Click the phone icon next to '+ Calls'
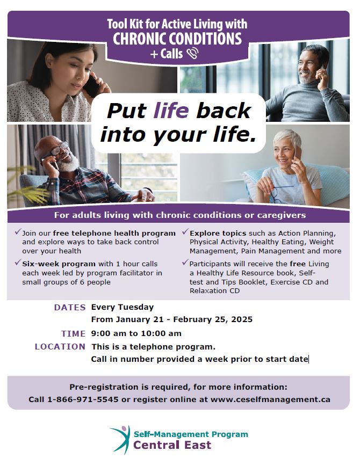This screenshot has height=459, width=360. pyautogui.click(x=193, y=53)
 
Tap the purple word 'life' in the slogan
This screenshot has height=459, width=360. pyautogui.click(x=171, y=111)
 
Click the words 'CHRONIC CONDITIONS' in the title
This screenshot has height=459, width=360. pyautogui.click(x=177, y=39)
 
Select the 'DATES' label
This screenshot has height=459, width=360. pyautogui.click(x=70, y=308)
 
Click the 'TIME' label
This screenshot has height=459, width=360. pyautogui.click(x=73, y=334)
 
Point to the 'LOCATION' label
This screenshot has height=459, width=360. pyautogui.click(x=60, y=347)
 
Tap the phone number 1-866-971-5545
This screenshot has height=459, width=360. pyautogui.click(x=83, y=399)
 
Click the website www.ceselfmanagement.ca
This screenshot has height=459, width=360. pyautogui.click(x=270, y=399)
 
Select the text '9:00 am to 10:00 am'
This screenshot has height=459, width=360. pyautogui.click(x=136, y=333)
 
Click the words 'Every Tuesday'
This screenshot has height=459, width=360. pyautogui.click(x=123, y=308)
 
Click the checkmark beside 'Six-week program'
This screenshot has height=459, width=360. pyautogui.click(x=18, y=263)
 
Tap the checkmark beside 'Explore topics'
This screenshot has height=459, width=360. pyautogui.click(x=185, y=232)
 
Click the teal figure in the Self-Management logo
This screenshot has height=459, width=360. pyautogui.click(x=121, y=440)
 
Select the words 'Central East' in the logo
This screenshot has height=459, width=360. pyautogui.click(x=172, y=445)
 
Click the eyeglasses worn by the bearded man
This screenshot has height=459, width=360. pyautogui.click(x=60, y=149)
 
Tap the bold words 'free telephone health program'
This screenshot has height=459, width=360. pyautogui.click(x=114, y=234)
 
